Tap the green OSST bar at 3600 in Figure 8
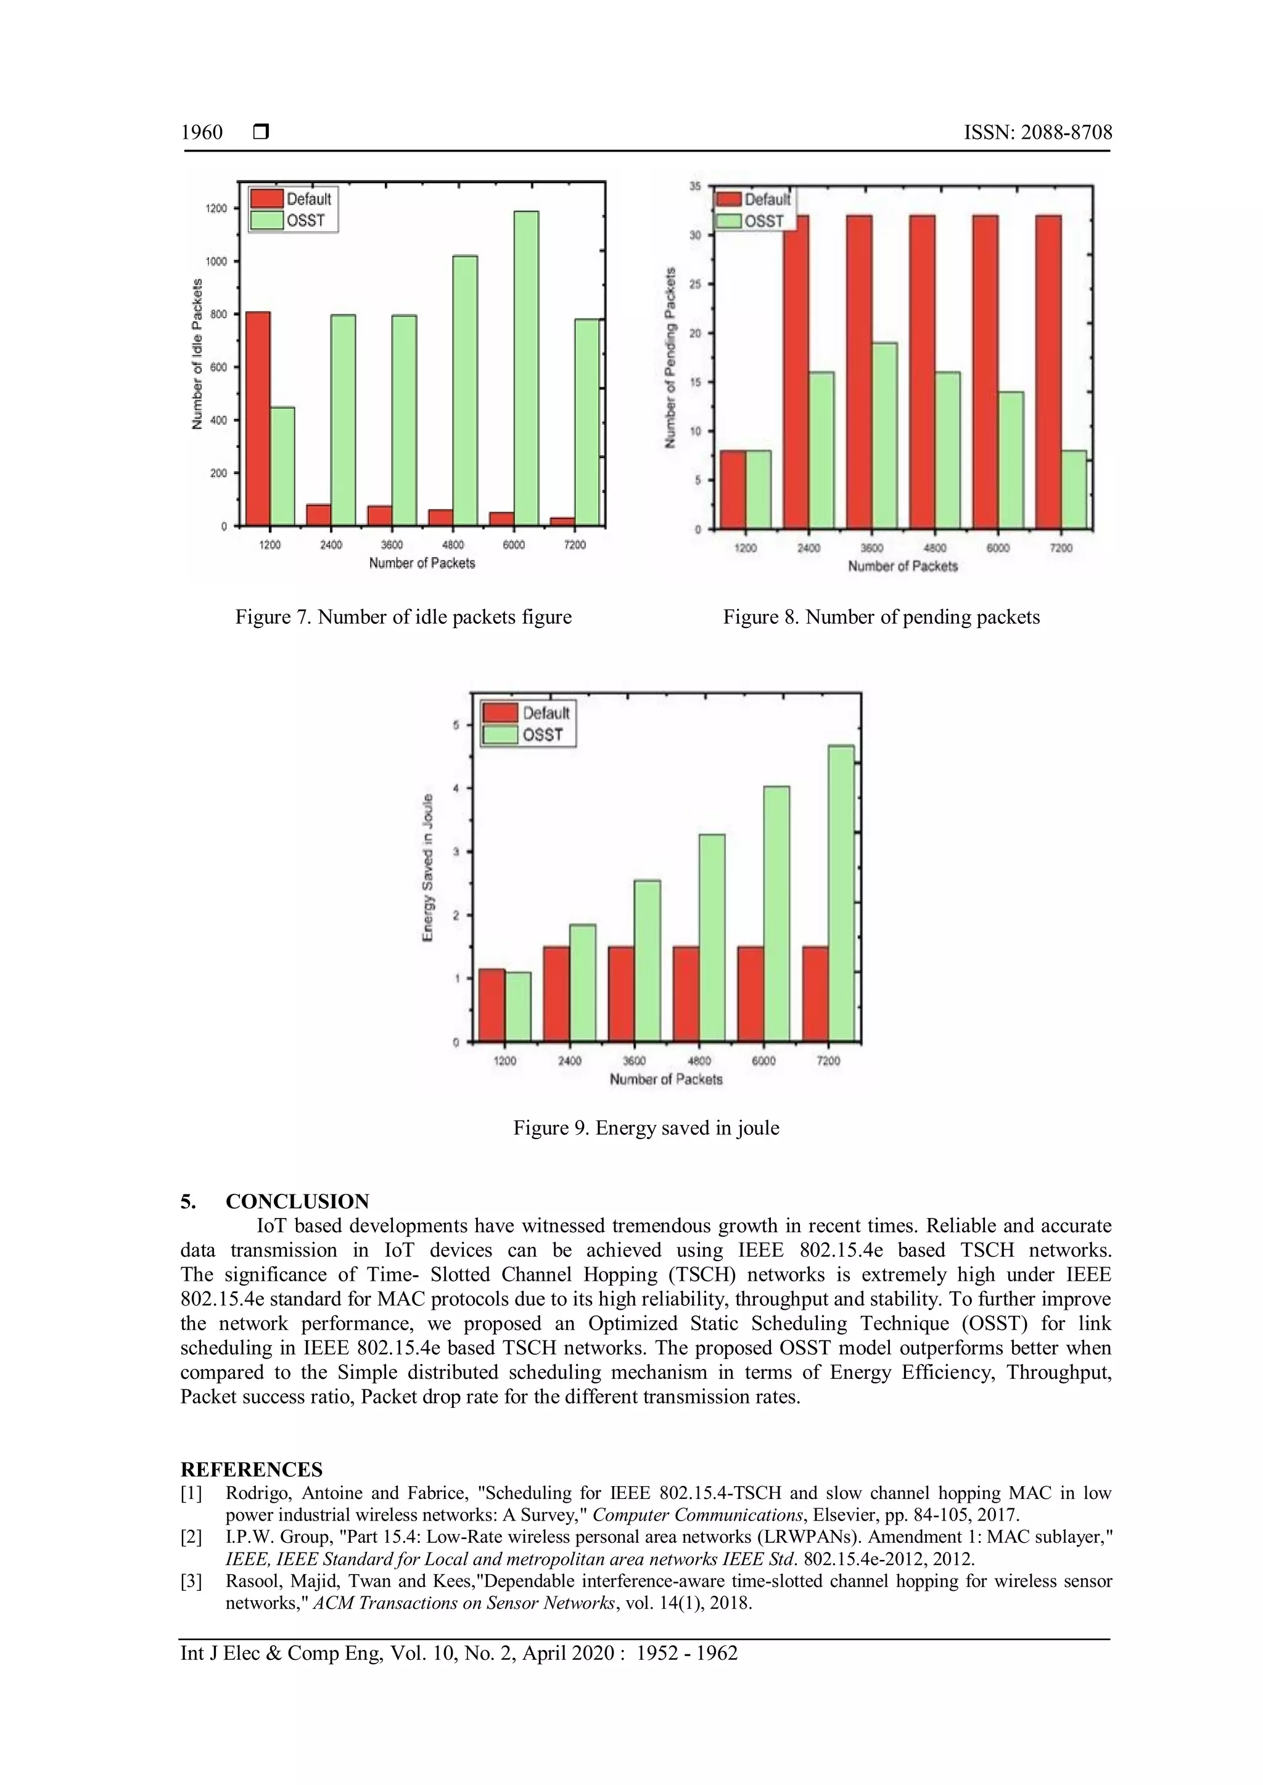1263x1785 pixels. [884, 435]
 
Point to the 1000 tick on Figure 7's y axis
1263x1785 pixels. [217, 262]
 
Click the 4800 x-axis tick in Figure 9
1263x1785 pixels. [699, 1060]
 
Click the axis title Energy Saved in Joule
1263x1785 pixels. [428, 868]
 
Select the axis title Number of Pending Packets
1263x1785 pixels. [670, 357]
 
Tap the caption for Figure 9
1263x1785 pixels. [646, 1128]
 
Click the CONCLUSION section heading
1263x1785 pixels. [297, 1201]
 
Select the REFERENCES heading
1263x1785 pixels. [251, 1469]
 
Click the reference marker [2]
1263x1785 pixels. [191, 1537]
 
